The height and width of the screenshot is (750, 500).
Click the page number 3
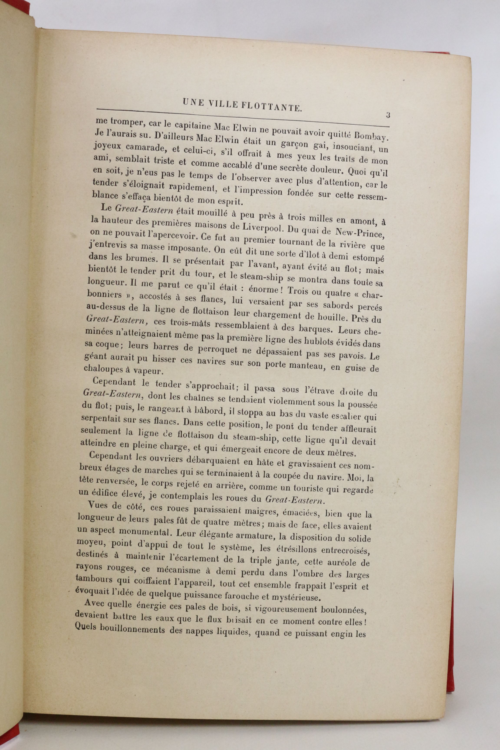point(388,115)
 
